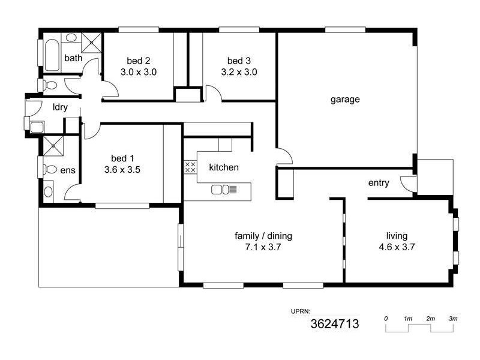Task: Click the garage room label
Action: point(345,100)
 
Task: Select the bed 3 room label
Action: point(239,61)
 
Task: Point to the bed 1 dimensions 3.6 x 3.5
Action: point(122,169)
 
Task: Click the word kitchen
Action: point(223,167)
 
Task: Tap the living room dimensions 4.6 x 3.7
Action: point(397,246)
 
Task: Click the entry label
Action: point(379,183)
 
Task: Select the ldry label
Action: point(60,107)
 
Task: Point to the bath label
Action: point(73,58)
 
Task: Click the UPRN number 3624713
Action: point(334,325)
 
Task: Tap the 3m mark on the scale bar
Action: point(453,318)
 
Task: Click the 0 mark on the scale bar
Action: point(386,318)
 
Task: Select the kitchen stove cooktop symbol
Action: point(190,167)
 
